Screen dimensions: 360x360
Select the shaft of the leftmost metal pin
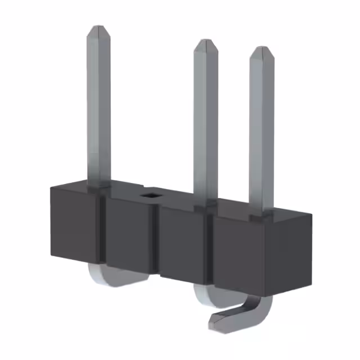point(99,107)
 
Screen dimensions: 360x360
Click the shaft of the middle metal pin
point(206,124)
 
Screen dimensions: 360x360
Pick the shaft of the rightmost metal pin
point(262,129)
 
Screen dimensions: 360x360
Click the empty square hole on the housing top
point(150,195)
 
